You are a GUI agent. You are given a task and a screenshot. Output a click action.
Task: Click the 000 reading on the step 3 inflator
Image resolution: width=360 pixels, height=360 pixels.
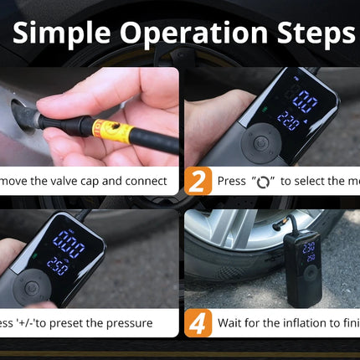click(x=69, y=245)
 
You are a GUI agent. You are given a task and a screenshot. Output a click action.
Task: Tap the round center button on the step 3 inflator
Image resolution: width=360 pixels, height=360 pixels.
click(x=32, y=286)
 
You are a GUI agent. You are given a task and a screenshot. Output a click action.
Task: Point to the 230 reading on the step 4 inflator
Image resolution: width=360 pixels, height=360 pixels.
click(x=309, y=247)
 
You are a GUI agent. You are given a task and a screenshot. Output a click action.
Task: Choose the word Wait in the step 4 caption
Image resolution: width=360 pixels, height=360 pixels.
click(x=230, y=323)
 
